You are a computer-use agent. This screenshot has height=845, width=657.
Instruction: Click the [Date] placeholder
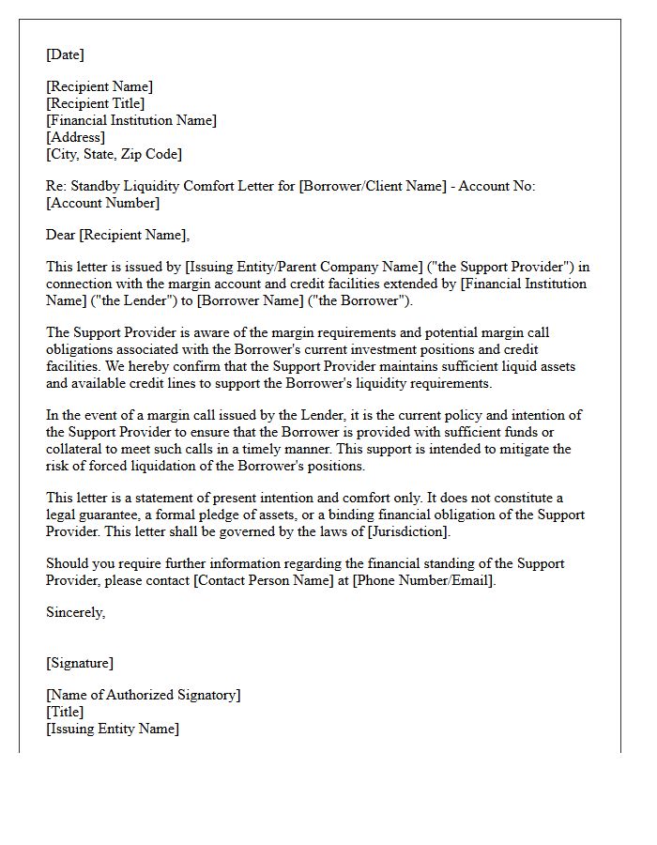(65, 54)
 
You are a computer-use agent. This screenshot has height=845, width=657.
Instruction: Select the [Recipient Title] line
(96, 103)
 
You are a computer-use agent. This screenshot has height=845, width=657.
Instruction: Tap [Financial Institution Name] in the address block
(131, 120)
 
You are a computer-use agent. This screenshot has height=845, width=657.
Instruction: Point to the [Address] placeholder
(75, 137)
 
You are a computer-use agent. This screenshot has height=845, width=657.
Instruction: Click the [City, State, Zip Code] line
(114, 154)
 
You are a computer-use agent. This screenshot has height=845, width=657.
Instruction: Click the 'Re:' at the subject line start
(56, 186)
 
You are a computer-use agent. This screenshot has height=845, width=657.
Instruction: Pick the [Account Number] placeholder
(102, 203)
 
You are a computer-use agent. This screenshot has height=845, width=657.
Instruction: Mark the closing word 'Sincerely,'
(76, 612)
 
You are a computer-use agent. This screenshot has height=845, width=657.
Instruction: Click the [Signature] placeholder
(80, 663)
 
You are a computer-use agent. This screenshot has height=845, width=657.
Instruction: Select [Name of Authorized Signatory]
(143, 695)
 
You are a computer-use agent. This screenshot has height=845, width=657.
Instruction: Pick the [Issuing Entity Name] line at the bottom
(113, 729)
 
